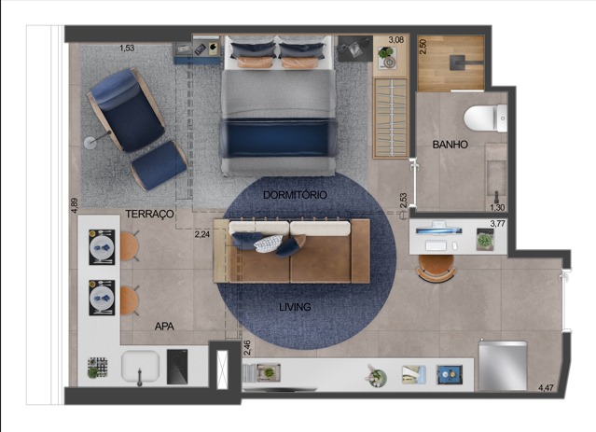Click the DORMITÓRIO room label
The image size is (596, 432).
pyautogui.click(x=295, y=195)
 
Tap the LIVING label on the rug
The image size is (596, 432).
pyautogui.click(x=295, y=307)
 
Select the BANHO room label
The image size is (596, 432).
pyautogui.click(x=450, y=145)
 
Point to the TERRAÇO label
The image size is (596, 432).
pyautogui.click(x=150, y=214)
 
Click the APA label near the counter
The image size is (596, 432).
pyautogui.click(x=164, y=327)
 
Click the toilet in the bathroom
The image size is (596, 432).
pyautogui.click(x=485, y=118)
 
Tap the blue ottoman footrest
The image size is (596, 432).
pyautogui.click(x=159, y=165)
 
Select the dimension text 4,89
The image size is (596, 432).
pyautogui.click(x=75, y=205)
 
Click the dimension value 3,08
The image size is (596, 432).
pyautogui.click(x=396, y=39)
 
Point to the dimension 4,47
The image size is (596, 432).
pyautogui.click(x=546, y=388)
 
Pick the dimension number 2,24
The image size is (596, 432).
pyautogui.click(x=202, y=234)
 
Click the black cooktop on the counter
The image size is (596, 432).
pyautogui.click(x=177, y=367)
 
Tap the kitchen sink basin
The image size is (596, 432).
pyautogui.click(x=140, y=366)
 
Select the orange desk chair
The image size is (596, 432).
pyautogui.click(x=436, y=269)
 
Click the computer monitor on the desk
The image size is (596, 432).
pyautogui.click(x=438, y=230)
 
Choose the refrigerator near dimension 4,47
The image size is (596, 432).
pyautogui.click(x=503, y=366)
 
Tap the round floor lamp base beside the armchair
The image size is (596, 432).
pyautogui.click(x=90, y=143)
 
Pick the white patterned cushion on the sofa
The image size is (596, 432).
pyautogui.click(x=269, y=244)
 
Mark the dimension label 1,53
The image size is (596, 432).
pyautogui.click(x=127, y=48)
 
